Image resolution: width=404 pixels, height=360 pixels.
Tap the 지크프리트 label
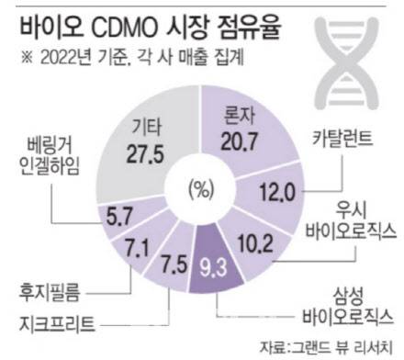tap(57, 324)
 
